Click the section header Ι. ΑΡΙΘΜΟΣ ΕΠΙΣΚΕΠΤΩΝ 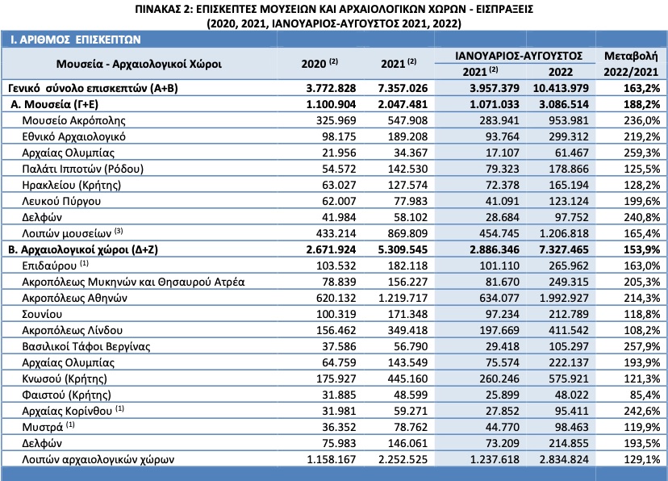75,40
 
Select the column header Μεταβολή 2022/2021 631,64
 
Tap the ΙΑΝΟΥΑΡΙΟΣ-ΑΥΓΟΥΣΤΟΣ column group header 519,56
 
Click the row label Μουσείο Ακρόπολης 73,120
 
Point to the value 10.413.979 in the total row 561,88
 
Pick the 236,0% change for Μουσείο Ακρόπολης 641,120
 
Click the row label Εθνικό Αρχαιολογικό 73,136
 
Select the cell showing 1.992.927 564,298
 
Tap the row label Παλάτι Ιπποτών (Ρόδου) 82,169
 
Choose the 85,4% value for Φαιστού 645,395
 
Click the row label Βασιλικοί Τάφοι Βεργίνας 86,346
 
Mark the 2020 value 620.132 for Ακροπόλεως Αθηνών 336,298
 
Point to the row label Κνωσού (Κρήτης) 65,379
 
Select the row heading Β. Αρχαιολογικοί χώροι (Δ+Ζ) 83,249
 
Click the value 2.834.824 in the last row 564,460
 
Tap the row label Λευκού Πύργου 61,201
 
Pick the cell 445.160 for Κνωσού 407,379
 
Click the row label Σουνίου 42,315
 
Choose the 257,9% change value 641,346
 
